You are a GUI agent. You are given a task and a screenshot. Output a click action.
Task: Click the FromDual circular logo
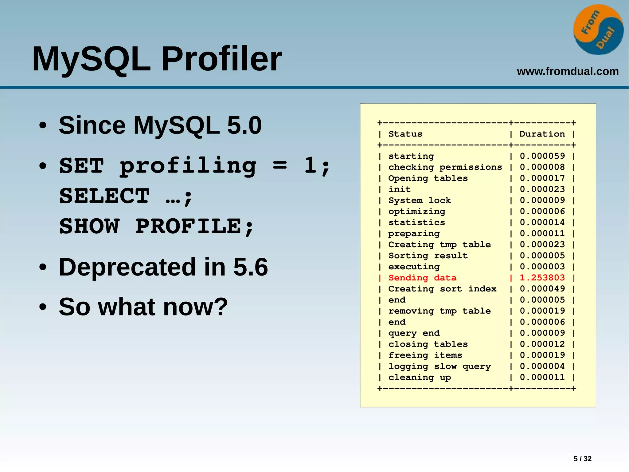598,30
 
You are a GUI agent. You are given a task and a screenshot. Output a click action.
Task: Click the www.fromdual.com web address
568,71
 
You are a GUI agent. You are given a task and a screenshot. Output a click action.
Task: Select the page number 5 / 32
582,458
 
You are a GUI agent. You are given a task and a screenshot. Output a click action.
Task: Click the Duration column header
542,134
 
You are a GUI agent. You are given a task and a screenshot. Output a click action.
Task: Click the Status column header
405,134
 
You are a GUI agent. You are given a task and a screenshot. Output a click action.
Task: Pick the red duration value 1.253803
542,278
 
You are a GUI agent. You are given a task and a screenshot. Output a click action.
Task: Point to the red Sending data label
422,278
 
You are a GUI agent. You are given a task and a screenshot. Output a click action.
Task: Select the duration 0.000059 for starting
542,156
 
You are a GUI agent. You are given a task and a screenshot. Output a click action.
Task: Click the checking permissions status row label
445,167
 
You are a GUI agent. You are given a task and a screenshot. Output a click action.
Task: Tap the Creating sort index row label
442,289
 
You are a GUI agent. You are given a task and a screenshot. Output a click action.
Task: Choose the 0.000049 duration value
542,289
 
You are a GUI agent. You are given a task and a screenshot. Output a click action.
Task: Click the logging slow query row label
440,366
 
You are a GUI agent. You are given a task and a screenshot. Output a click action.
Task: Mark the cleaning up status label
420,377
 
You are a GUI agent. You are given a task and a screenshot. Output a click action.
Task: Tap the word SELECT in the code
104,196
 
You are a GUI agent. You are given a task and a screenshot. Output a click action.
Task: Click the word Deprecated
127,267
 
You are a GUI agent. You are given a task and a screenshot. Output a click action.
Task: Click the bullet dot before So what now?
43,307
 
